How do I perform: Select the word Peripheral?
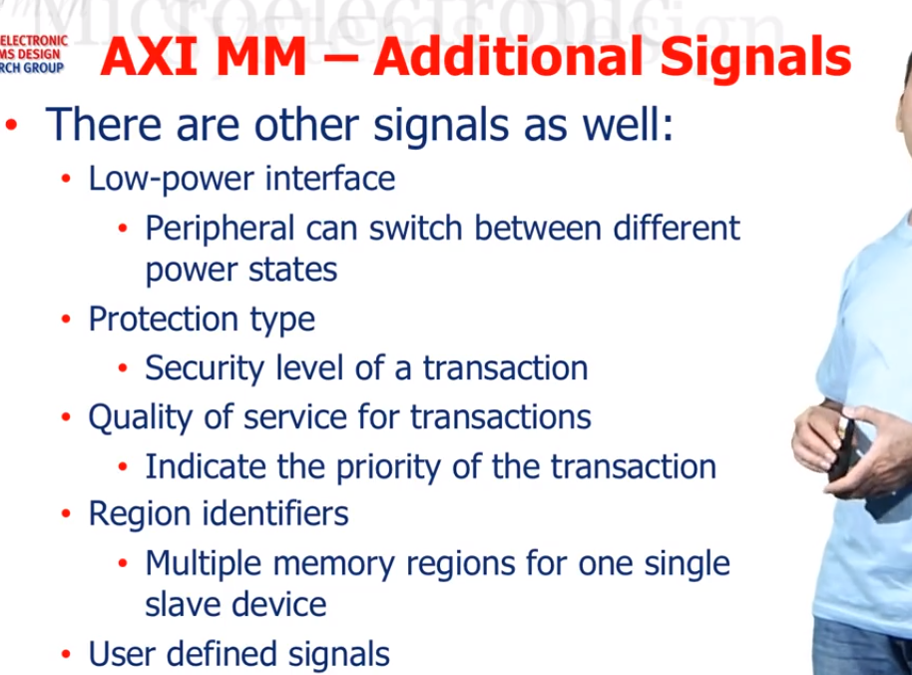(221, 229)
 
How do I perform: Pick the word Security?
(202, 368)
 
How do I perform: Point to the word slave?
(186, 604)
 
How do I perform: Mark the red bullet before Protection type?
(66, 321)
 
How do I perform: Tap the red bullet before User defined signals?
(66, 655)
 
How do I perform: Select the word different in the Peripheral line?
(676, 229)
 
